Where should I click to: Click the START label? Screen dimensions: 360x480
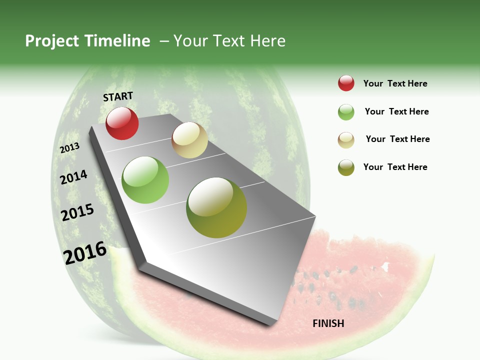[118, 96]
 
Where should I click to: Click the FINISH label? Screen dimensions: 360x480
[328, 323]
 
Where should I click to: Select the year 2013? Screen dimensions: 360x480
[70, 148]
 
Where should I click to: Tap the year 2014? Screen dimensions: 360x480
[74, 177]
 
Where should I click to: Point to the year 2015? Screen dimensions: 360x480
[77, 212]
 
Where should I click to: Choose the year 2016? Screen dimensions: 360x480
[85, 252]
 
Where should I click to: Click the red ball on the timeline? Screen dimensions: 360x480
[122, 123]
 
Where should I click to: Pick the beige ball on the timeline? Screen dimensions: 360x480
[189, 140]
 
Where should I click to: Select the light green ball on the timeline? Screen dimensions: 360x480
[145, 180]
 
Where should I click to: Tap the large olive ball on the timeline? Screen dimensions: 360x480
[216, 207]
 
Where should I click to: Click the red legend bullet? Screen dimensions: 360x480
[346, 83]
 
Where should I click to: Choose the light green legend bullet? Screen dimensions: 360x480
[346, 112]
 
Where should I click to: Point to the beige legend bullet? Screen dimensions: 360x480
[346, 140]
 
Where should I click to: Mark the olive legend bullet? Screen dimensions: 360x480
[346, 167]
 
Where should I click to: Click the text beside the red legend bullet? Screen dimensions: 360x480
[395, 83]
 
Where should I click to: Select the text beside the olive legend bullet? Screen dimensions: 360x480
[395, 167]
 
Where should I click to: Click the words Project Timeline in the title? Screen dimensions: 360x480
[87, 41]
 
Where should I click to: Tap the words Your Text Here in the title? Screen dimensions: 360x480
[229, 41]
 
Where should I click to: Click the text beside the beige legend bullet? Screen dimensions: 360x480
[397, 139]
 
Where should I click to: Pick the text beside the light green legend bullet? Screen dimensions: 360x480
[396, 111]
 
